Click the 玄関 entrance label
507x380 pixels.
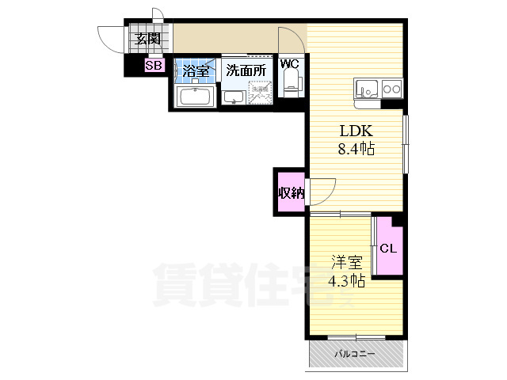click(x=147, y=38)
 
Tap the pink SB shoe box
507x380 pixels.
click(x=154, y=66)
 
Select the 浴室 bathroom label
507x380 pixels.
click(x=196, y=71)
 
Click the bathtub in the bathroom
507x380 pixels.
click(x=195, y=97)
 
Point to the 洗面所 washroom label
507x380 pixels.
click(x=246, y=70)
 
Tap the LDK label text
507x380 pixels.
click(x=356, y=131)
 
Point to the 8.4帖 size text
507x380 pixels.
click(x=356, y=148)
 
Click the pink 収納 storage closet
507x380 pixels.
click(x=290, y=192)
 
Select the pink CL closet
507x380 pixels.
click(x=388, y=248)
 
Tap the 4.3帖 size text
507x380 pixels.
click(x=345, y=281)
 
